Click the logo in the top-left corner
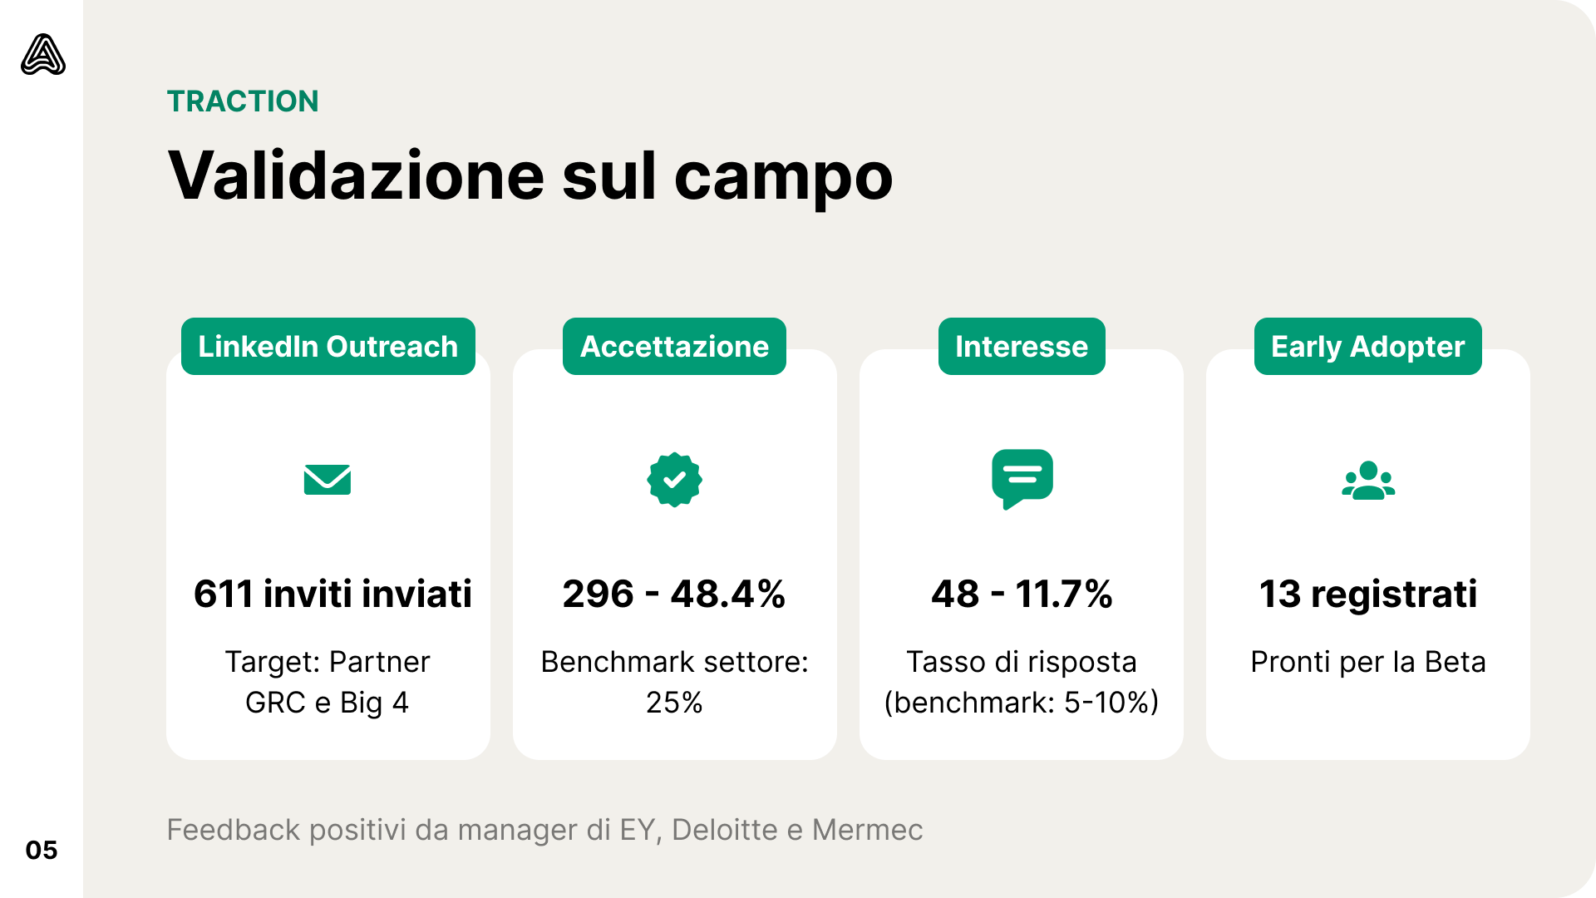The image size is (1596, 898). [x=43, y=55]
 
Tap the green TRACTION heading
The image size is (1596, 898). [x=243, y=101]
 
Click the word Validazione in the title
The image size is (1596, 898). [x=357, y=176]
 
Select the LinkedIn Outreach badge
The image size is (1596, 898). [x=328, y=347]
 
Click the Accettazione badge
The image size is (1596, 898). [x=674, y=347]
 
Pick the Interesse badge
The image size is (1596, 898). [x=1022, y=347]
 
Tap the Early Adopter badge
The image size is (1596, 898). [x=1367, y=347]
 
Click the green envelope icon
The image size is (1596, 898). [x=328, y=480]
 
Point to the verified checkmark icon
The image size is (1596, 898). [x=674, y=480]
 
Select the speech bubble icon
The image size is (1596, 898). [x=1022, y=479]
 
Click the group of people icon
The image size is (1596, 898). [x=1368, y=481]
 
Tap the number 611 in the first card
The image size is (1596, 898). [x=223, y=595]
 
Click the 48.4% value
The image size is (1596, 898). [x=727, y=595]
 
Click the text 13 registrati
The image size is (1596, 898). [x=1368, y=595]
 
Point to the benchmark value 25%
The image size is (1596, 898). [x=674, y=703]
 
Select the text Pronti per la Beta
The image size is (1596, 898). [x=1368, y=663]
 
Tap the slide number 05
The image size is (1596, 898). [x=42, y=851]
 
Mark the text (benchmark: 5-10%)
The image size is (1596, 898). [x=1022, y=703]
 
